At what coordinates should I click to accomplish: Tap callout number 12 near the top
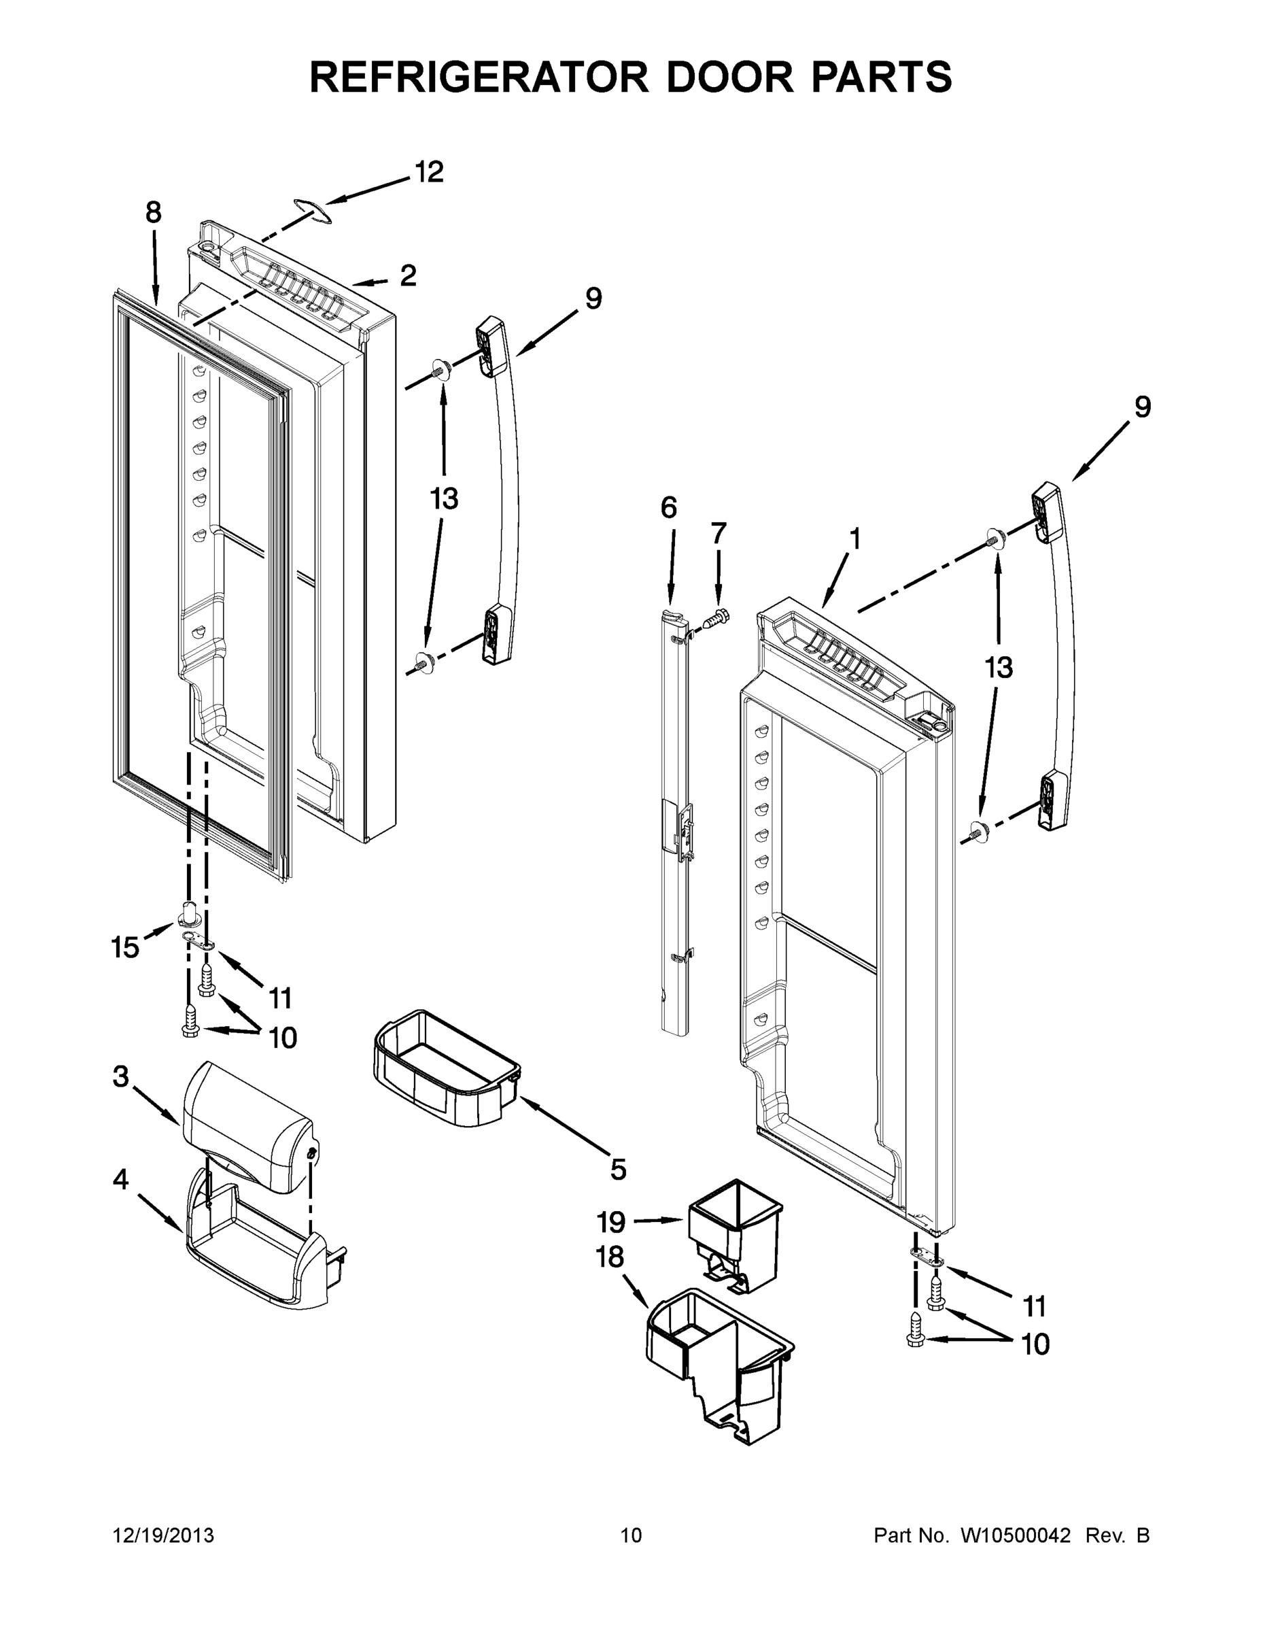tap(429, 173)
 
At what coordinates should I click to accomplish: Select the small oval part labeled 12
tap(312, 211)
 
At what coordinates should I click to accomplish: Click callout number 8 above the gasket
tap(153, 213)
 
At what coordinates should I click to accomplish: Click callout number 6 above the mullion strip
tap(669, 508)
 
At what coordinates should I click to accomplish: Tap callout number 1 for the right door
tap(855, 539)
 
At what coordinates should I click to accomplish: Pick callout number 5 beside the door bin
tap(618, 1170)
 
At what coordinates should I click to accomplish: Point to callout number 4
tap(121, 1180)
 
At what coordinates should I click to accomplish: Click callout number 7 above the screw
tap(717, 534)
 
